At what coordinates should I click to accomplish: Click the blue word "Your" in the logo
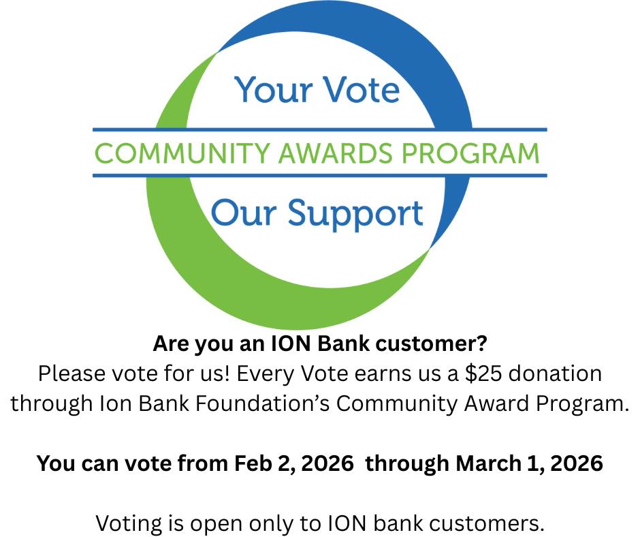pyautogui.click(x=268, y=89)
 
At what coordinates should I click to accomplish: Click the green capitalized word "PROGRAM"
pyautogui.click(x=469, y=153)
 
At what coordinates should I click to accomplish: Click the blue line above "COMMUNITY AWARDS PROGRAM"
pyautogui.click(x=319, y=129)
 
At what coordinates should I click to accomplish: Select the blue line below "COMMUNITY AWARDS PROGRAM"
pyautogui.click(x=319, y=176)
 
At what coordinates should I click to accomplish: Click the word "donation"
pyautogui.click(x=565, y=373)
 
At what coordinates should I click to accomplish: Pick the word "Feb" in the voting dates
pyautogui.click(x=253, y=463)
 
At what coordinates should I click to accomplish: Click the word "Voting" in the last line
pyautogui.click(x=127, y=524)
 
